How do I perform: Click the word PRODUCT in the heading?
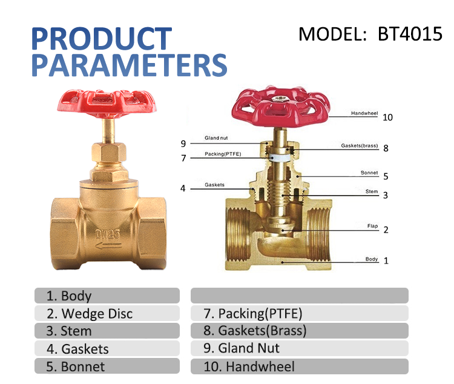coord(101,38)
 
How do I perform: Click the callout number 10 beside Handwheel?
coord(387,117)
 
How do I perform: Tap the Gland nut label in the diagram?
coord(216,138)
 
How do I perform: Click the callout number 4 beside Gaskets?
coord(183,188)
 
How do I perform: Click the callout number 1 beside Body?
coord(386,261)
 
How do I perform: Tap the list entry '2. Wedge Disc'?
coord(107,313)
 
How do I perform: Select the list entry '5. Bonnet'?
coord(107,366)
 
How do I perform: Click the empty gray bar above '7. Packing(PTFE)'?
coord(299,296)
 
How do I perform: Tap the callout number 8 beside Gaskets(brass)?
coord(385,148)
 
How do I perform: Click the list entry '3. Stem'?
coord(107,331)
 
